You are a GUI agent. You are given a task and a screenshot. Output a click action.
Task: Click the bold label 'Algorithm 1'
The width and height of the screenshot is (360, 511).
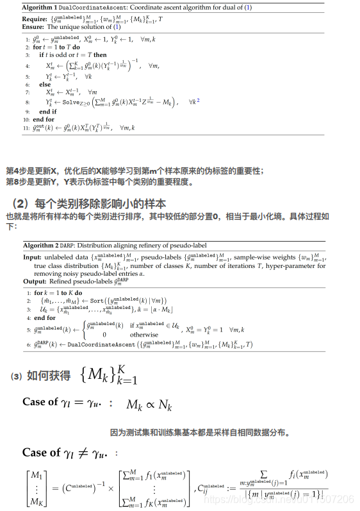click(x=40, y=7)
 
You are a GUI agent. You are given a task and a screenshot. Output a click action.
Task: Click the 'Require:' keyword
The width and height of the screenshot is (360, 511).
click(x=35, y=20)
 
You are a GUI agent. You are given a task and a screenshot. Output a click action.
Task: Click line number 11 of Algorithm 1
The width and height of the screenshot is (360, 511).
click(x=26, y=128)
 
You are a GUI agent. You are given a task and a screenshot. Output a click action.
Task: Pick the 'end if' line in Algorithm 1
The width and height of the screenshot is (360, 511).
click(x=47, y=112)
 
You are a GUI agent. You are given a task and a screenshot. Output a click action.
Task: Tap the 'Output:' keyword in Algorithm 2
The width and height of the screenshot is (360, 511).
click(x=35, y=281)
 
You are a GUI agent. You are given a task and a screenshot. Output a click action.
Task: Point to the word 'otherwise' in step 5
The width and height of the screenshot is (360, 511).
click(x=143, y=335)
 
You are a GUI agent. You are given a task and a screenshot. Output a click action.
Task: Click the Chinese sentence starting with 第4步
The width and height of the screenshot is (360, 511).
click(x=135, y=171)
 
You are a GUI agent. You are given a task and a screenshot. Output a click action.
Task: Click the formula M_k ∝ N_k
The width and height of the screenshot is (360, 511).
click(x=149, y=405)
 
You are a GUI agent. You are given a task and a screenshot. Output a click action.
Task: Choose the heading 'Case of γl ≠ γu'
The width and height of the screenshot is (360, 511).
click(x=70, y=453)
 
